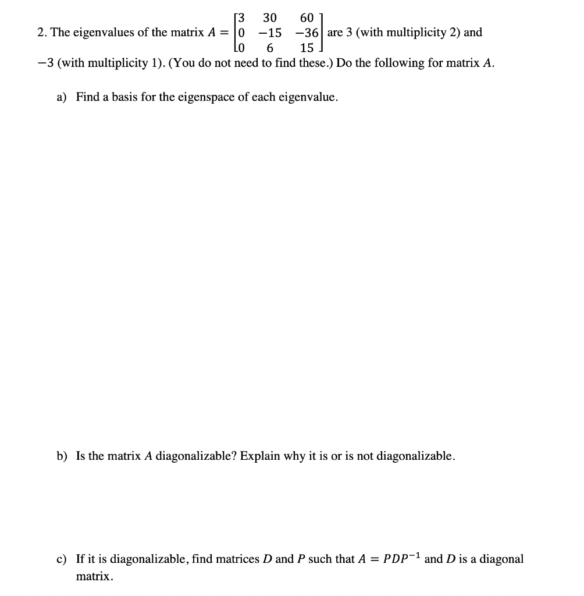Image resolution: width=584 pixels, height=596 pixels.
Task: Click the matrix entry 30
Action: click(269, 17)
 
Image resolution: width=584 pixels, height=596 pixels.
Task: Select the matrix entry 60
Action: click(307, 17)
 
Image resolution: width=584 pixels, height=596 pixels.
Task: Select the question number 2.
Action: click(41, 33)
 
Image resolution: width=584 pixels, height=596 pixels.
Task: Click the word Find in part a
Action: click(88, 97)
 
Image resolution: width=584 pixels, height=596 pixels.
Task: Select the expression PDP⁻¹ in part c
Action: click(401, 559)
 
